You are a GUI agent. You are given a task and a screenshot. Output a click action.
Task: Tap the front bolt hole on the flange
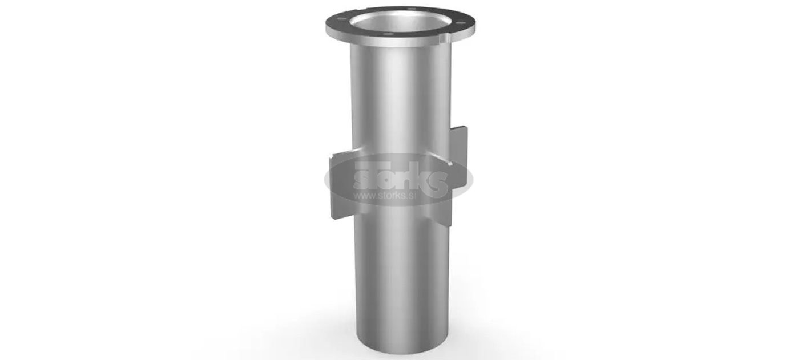(388, 34)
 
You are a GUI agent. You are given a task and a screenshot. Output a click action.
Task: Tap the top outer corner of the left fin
(331, 155)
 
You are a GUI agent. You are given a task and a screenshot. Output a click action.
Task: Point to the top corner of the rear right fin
(466, 127)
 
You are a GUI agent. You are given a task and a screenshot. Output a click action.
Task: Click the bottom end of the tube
(402, 345)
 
